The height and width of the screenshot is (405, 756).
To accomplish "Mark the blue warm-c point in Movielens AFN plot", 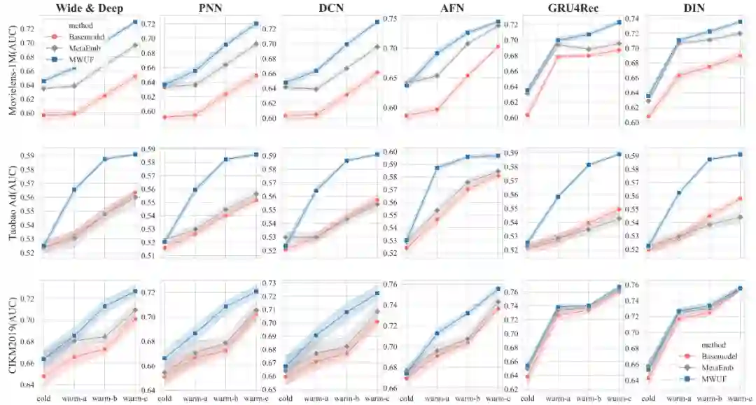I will (498, 22).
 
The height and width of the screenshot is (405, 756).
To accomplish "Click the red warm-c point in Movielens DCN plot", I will (377, 72).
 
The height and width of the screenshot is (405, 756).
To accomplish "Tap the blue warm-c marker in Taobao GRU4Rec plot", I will (619, 154).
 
